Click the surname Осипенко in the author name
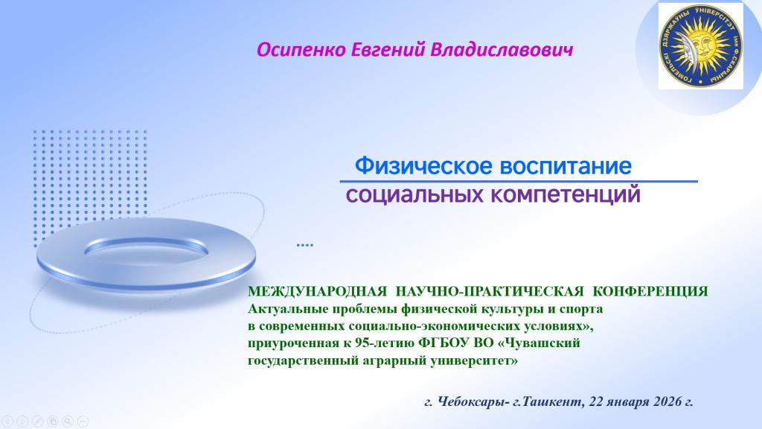pos(301,50)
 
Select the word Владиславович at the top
pos(502,50)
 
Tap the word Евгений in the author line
pos(388,50)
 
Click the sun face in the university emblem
pos(700,45)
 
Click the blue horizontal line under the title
pos(519,182)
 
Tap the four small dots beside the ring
pos(304,245)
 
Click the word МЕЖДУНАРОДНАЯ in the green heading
pos(317,291)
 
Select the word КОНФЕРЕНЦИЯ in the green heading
pos(650,291)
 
